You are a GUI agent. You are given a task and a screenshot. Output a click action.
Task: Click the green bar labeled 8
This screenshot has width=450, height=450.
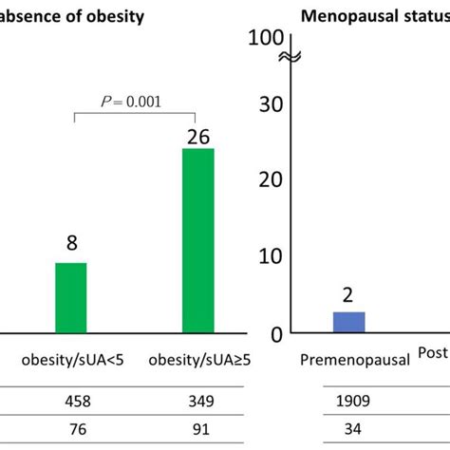tap(70, 297)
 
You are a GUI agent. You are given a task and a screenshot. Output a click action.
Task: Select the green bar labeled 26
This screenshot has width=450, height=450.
tap(197, 240)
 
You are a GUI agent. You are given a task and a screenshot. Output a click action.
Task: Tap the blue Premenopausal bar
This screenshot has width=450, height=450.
tap(348, 322)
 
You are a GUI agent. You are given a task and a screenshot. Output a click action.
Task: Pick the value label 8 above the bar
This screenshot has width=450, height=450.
tap(71, 244)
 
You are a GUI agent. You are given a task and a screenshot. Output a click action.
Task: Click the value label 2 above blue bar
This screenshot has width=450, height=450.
tap(348, 295)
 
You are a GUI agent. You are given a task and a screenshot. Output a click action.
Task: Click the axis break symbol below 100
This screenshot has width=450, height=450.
tap(290, 59)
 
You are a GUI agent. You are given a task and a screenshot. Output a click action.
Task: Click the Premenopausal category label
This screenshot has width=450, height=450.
tap(355, 360)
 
